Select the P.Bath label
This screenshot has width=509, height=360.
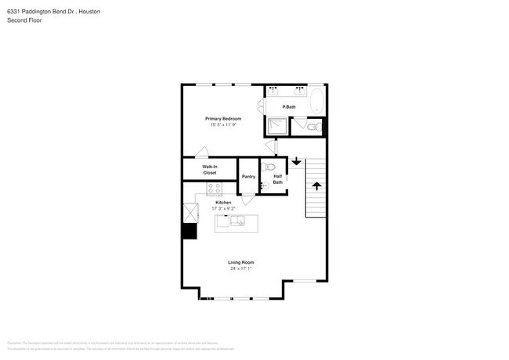[x=289, y=106]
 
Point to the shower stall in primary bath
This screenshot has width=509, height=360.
[x=276, y=127]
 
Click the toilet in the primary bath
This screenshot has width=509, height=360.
[x=311, y=127]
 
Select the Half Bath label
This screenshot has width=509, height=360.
[x=277, y=179]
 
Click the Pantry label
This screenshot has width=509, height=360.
[x=248, y=177]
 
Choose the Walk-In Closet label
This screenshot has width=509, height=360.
[x=209, y=169]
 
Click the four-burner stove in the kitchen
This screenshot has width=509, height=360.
[x=214, y=188]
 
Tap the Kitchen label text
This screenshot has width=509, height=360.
[x=223, y=202]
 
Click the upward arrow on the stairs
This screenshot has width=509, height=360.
[x=316, y=185]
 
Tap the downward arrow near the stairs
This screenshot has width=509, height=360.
[x=296, y=161]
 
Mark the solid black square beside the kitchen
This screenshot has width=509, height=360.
[x=190, y=231]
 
